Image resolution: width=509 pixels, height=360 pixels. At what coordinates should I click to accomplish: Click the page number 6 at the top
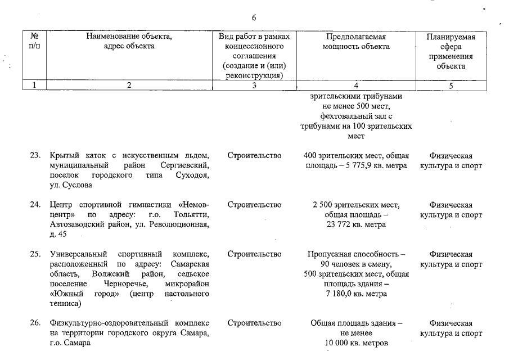[254, 17]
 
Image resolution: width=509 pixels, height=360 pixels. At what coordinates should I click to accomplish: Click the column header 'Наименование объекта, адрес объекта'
[129, 42]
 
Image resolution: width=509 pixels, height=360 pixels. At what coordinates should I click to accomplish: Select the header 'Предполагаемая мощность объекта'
[355, 42]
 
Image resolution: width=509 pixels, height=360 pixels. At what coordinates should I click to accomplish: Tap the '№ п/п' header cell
[34, 42]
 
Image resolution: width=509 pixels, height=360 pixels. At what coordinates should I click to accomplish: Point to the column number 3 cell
[254, 85]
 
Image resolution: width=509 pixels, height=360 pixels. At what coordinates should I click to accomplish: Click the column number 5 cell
[451, 85]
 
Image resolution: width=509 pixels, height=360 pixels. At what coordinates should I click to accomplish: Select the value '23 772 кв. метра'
[355, 225]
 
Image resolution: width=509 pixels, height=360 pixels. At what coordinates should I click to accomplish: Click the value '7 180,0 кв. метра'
[355, 294]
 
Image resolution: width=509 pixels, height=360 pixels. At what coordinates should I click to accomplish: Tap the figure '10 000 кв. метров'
[355, 344]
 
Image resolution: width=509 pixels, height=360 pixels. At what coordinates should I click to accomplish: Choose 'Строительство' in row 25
[254, 254]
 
